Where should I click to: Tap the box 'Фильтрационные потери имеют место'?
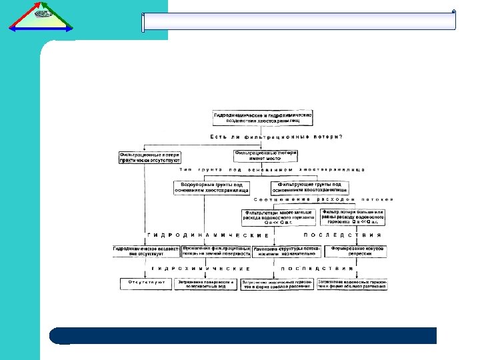tap(265, 155)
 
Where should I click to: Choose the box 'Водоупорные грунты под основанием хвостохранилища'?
tap(211, 187)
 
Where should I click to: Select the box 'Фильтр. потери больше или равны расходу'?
tap(353, 217)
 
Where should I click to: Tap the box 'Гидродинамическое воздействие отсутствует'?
tap(146, 251)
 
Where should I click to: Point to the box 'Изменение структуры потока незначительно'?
tap(287, 251)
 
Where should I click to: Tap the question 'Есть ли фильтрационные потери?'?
tap(276, 137)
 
